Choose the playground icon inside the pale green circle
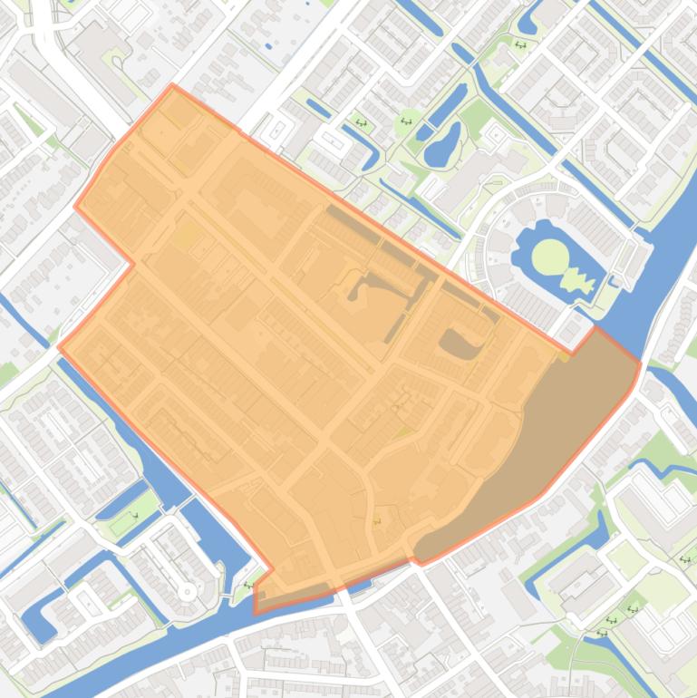(x=406, y=121)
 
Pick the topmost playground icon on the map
(x=520, y=44)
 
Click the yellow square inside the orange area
(x=187, y=236)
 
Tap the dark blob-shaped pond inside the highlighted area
(x=460, y=343)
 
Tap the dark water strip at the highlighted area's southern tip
(x=290, y=594)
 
